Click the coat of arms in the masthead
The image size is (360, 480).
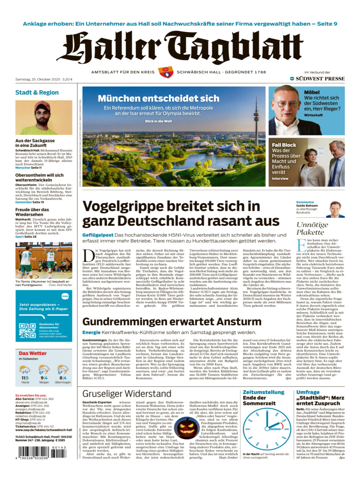166,72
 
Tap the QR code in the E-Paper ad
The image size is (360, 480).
27,330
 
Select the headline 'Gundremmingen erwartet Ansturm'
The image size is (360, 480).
172,322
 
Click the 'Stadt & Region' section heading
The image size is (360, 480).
37,92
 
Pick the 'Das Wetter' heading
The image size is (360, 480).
32,353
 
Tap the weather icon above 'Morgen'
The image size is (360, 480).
44,370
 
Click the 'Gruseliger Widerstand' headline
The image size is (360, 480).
127,394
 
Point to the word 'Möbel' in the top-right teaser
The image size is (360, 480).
312,92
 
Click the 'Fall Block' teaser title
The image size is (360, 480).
284,145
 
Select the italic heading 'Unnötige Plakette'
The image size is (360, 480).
312,228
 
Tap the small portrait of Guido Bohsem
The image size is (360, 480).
335,209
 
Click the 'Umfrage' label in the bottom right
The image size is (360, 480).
308,392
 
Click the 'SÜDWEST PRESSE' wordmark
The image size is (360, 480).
320,79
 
